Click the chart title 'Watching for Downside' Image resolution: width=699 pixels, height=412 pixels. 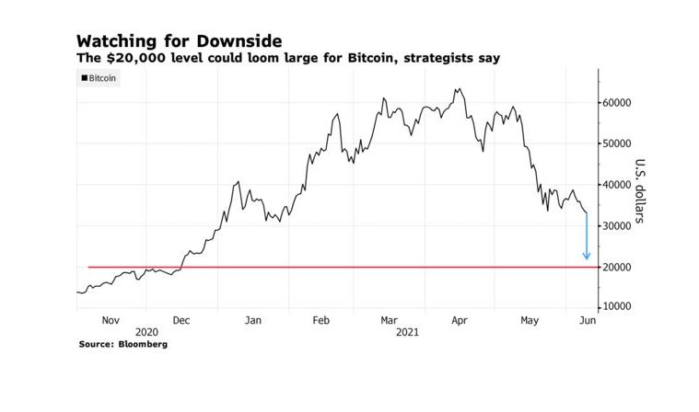click(x=179, y=41)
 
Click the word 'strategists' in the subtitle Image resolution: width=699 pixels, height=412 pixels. click(x=445, y=58)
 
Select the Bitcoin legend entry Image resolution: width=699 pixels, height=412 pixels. click(x=99, y=79)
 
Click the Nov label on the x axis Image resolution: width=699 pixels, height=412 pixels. click(x=111, y=320)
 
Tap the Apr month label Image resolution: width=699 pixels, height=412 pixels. click(x=456, y=320)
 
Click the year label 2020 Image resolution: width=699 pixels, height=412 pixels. click(x=147, y=332)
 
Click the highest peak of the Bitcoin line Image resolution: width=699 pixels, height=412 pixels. click(x=458, y=89)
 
